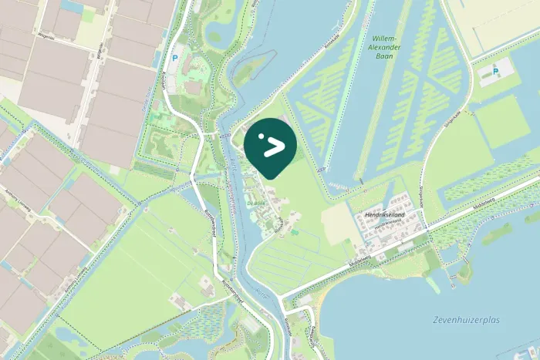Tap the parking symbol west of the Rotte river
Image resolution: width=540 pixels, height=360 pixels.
pos(174,58)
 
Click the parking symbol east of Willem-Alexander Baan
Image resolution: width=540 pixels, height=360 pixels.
pos(494,72)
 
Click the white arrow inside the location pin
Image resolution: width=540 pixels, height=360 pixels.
pos(275,146)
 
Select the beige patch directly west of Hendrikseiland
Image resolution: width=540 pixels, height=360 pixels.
pos(337,223)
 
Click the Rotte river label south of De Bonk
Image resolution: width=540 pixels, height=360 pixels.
pos(260,293)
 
